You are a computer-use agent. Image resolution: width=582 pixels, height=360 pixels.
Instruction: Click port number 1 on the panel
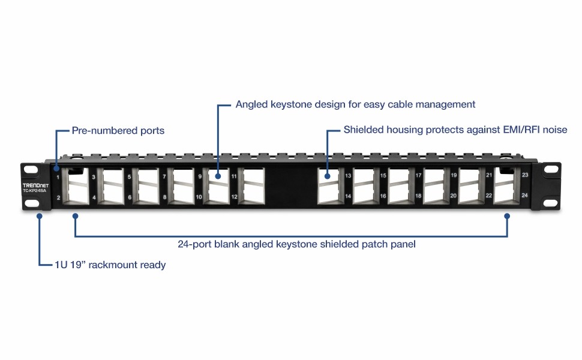click(58, 177)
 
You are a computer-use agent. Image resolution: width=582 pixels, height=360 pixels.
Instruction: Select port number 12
click(234, 197)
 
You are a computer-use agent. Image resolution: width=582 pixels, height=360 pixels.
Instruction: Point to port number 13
click(348, 176)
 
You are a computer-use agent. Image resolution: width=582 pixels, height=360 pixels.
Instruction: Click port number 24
click(524, 196)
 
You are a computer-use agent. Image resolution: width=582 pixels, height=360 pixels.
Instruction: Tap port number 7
click(164, 177)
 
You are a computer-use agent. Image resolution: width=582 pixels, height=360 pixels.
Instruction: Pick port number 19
click(454, 176)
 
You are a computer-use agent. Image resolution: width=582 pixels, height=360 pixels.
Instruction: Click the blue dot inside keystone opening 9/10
click(218, 176)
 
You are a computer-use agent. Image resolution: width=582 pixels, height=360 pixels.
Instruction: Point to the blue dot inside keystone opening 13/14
click(328, 176)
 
